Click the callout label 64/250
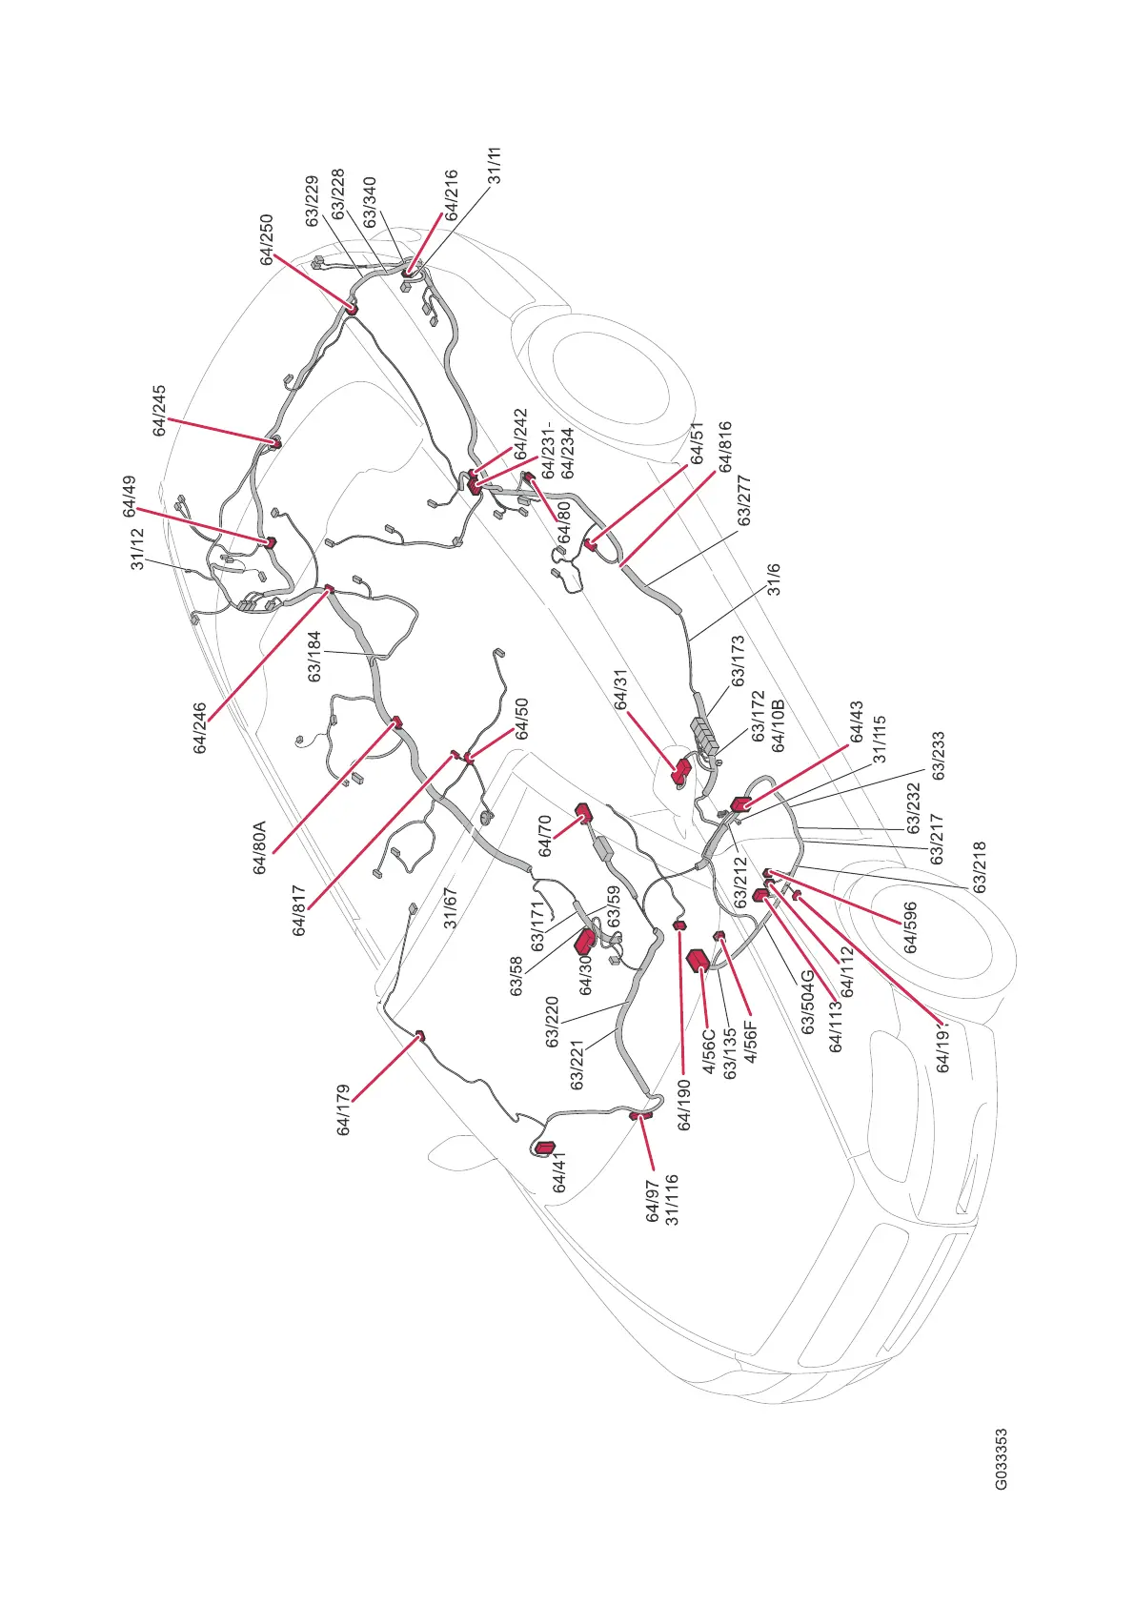pyautogui.click(x=267, y=239)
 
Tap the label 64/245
pyautogui.click(x=160, y=411)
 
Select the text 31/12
pyautogui.click(x=138, y=549)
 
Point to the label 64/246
pyautogui.click(x=200, y=728)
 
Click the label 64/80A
pyautogui.click(x=259, y=847)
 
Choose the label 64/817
pyautogui.click(x=299, y=910)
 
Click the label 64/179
pyautogui.click(x=344, y=1109)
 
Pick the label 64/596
pyautogui.click(x=911, y=927)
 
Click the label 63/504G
pyautogui.click(x=808, y=1002)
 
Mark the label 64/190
pyautogui.click(x=684, y=1104)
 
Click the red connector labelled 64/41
pyautogui.click(x=546, y=1148)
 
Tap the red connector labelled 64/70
pyautogui.click(x=583, y=812)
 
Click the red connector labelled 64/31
pyautogui.click(x=681, y=771)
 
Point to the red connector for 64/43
pyautogui.click(x=740, y=803)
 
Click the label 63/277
pyautogui.click(x=744, y=500)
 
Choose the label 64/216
pyautogui.click(x=452, y=195)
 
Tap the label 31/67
pyautogui.click(x=451, y=907)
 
